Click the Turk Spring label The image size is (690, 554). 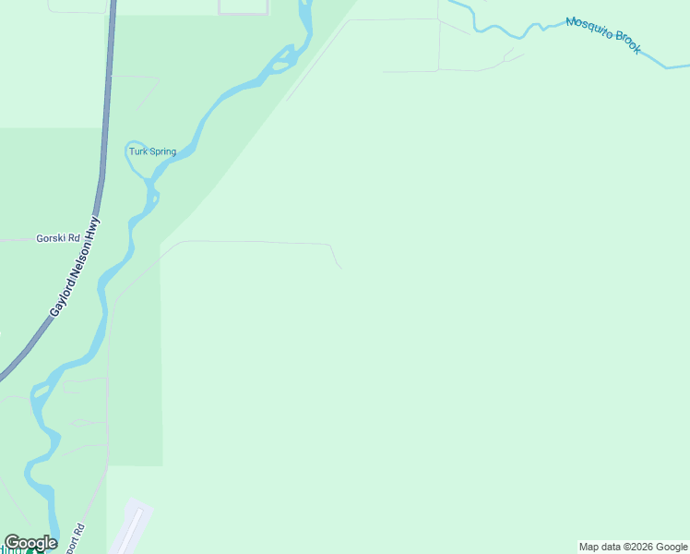pos(152,151)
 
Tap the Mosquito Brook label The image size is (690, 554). pos(603,34)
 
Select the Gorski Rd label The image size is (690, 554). pos(58,237)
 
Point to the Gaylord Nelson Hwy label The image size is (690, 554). pos(75,268)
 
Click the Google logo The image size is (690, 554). pos(30,543)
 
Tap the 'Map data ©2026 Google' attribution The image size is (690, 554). pos(633,547)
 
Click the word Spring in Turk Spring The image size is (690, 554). pos(161,151)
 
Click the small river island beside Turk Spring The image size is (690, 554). pos(155,196)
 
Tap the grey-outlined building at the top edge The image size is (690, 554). pos(244,7)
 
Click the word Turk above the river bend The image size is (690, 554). pos(137,151)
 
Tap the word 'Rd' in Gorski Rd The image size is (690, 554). pos(74,237)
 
